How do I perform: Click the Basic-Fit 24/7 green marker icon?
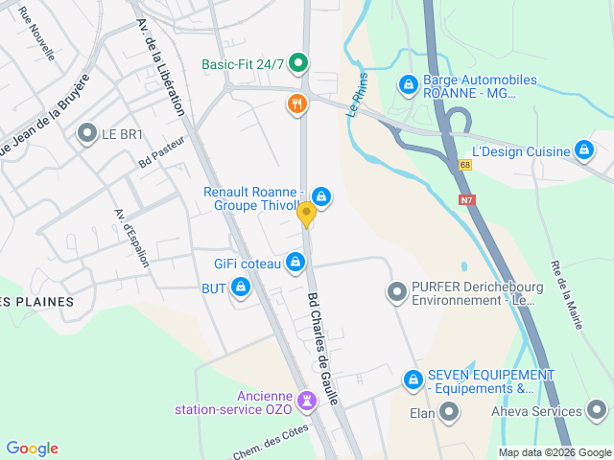pos(297,64)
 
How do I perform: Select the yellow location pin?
pos(306,214)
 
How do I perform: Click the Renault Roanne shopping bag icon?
pos(321,196)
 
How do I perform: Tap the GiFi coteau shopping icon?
pos(295,262)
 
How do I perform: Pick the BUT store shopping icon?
pos(240,287)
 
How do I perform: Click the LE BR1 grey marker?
pos(88,134)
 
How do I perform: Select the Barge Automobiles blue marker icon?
pos(409,85)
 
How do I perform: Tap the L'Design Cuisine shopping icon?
pos(583,149)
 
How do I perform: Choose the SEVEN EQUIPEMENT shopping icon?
pos(413,379)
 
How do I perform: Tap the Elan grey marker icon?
pos(449,413)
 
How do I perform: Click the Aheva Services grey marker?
pos(597,412)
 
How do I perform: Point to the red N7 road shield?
pos(467,199)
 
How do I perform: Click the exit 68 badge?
pos(465,165)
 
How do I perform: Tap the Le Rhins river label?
pos(357,96)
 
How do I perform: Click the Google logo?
pos(32,448)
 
